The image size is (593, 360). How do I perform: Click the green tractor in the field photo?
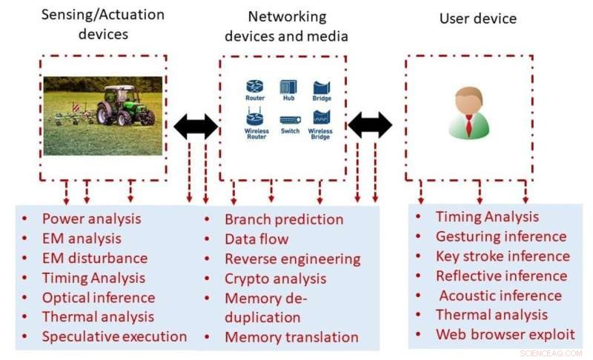click(125, 105)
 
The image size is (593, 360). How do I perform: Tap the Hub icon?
click(288, 87)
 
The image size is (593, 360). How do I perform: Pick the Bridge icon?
click(321, 87)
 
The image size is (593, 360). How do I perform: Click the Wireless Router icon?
click(255, 119)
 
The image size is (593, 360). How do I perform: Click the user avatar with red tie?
click(468, 113)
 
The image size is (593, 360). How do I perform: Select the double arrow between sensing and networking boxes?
click(196, 127)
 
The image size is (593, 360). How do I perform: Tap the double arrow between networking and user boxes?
click(370, 124)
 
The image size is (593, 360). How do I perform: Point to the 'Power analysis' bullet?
click(91, 219)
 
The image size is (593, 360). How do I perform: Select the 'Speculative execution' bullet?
click(114, 336)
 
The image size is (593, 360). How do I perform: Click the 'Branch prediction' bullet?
click(284, 219)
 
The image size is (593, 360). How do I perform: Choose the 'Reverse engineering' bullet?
click(292, 259)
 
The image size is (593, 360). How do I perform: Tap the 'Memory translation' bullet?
click(291, 337)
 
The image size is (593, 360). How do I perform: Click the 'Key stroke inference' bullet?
click(503, 256)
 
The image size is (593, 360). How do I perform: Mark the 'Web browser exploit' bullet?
click(505, 334)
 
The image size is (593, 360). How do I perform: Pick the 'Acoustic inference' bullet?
click(500, 296)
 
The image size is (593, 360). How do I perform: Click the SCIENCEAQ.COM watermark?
click(551, 353)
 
